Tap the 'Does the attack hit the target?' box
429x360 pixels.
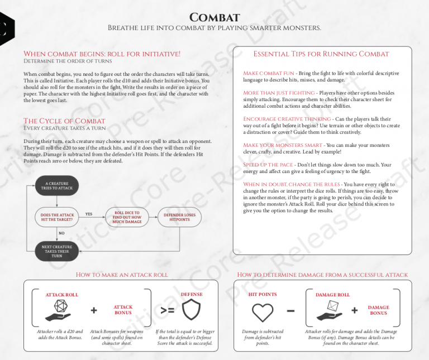click(x=56, y=217)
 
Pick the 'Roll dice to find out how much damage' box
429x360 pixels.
click(x=127, y=217)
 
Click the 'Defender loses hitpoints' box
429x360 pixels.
click(x=179, y=217)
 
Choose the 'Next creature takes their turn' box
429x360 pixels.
click(x=56, y=251)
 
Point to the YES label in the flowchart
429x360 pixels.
click(x=89, y=214)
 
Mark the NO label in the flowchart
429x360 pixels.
click(x=61, y=233)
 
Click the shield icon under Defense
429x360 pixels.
click(x=191, y=309)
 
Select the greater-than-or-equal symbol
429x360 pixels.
click(x=167, y=310)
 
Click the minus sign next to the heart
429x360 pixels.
click(x=291, y=310)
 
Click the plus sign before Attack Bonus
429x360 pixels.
click(x=93, y=310)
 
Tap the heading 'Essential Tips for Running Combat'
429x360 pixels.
click(x=321, y=54)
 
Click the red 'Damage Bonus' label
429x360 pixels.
click(x=378, y=310)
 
